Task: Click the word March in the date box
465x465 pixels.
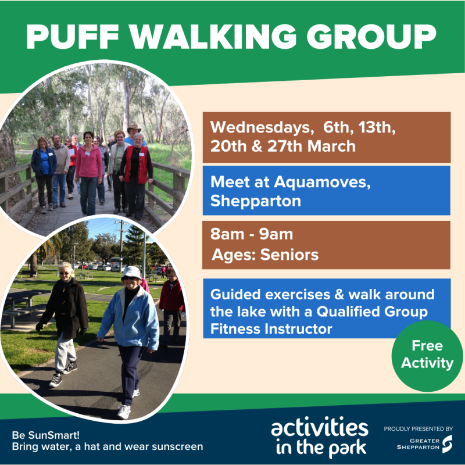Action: point(331,146)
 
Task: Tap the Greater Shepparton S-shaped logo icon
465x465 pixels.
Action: point(446,444)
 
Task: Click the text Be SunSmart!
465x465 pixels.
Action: point(39,435)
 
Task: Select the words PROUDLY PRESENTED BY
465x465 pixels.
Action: point(418,428)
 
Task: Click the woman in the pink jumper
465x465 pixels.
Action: point(88,166)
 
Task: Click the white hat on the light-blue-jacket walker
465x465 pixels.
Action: point(132,271)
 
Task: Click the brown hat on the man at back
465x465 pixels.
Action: point(134,128)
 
